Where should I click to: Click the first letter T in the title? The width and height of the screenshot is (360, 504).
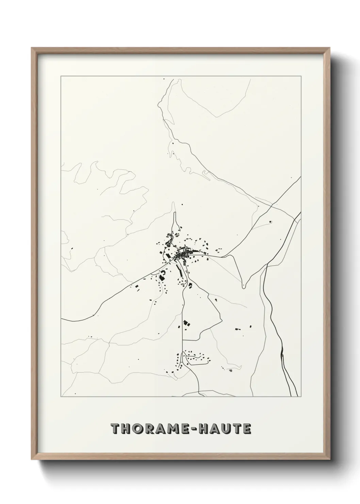point(116,429)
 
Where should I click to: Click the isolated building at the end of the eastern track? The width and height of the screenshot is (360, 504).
point(271,222)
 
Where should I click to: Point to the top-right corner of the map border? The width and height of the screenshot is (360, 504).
point(301,76)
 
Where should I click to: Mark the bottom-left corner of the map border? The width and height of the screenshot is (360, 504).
point(61,397)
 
